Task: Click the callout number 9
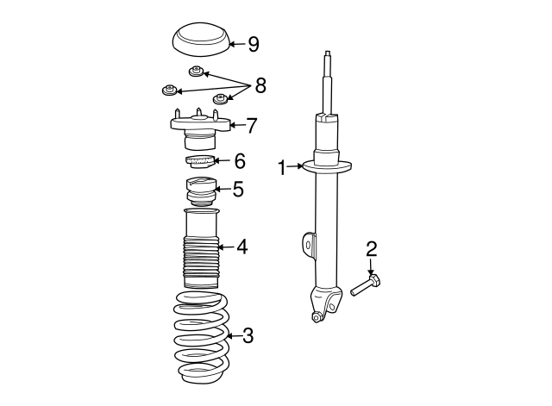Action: pos(253,44)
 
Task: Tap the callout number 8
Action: pos(260,85)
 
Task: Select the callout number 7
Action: pos(251,126)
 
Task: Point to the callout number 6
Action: pos(239,160)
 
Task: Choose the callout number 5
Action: pos(238,189)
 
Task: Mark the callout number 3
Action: pos(248,335)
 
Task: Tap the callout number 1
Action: pos(281,167)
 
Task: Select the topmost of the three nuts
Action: pos(198,71)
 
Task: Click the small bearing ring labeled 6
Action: pos(199,161)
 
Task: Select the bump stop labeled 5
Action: pos(200,192)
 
